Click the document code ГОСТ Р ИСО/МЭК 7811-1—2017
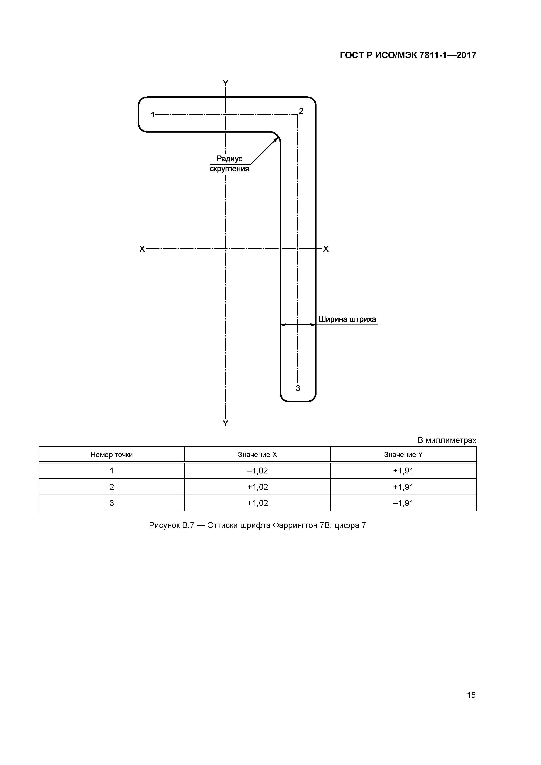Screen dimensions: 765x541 (408, 55)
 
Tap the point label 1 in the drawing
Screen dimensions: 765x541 (153, 115)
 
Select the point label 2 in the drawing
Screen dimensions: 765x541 (301, 111)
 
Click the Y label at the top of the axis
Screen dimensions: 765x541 (226, 83)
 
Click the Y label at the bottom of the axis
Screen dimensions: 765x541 (226, 423)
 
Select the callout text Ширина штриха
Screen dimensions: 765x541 (347, 319)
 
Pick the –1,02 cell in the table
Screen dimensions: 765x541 (257, 471)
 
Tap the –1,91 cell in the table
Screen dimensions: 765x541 (403, 503)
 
